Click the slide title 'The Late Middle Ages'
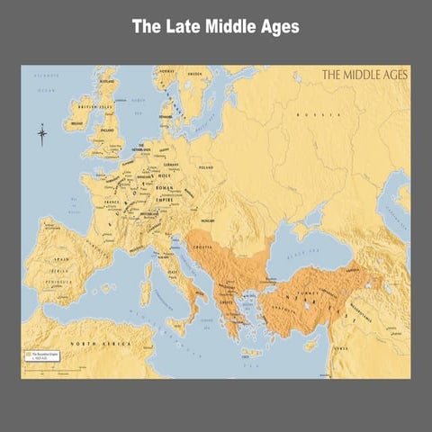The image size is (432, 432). [216, 27]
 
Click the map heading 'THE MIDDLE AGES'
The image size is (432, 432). [364, 76]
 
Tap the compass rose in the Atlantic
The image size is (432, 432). [42, 136]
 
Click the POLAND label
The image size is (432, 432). [207, 166]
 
